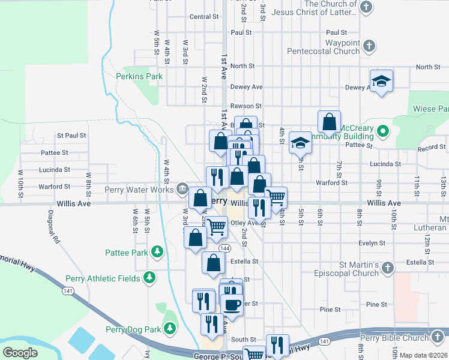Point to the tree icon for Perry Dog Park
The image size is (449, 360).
coord(171,329)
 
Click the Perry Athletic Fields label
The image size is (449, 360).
coord(114,278)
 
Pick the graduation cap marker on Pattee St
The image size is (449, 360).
coord(300,142)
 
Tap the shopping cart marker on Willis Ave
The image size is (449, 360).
coord(276,197)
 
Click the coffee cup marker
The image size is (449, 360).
coord(231,304)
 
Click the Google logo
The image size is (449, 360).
coord(20,353)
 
